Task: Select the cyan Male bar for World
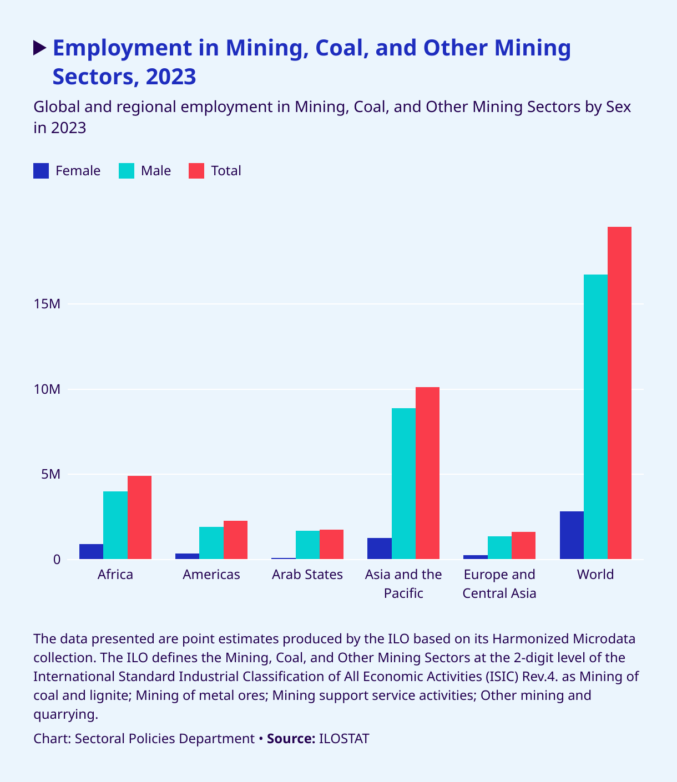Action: tap(595, 417)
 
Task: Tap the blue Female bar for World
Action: tap(572, 535)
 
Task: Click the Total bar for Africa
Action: tap(139, 517)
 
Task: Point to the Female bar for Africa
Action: tap(91, 552)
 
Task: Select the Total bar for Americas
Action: tap(235, 540)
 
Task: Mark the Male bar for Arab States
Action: tap(307, 545)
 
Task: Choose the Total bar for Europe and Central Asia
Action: tap(523, 545)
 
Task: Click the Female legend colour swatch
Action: tap(42, 171)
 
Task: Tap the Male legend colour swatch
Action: tap(127, 171)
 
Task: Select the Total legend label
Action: tap(226, 171)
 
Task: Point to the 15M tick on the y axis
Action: tap(47, 304)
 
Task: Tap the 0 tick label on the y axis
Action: tap(57, 560)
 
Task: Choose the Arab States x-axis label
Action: tap(307, 575)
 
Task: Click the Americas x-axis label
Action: tap(211, 575)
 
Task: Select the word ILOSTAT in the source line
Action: tap(344, 739)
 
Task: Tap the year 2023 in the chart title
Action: tap(171, 77)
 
